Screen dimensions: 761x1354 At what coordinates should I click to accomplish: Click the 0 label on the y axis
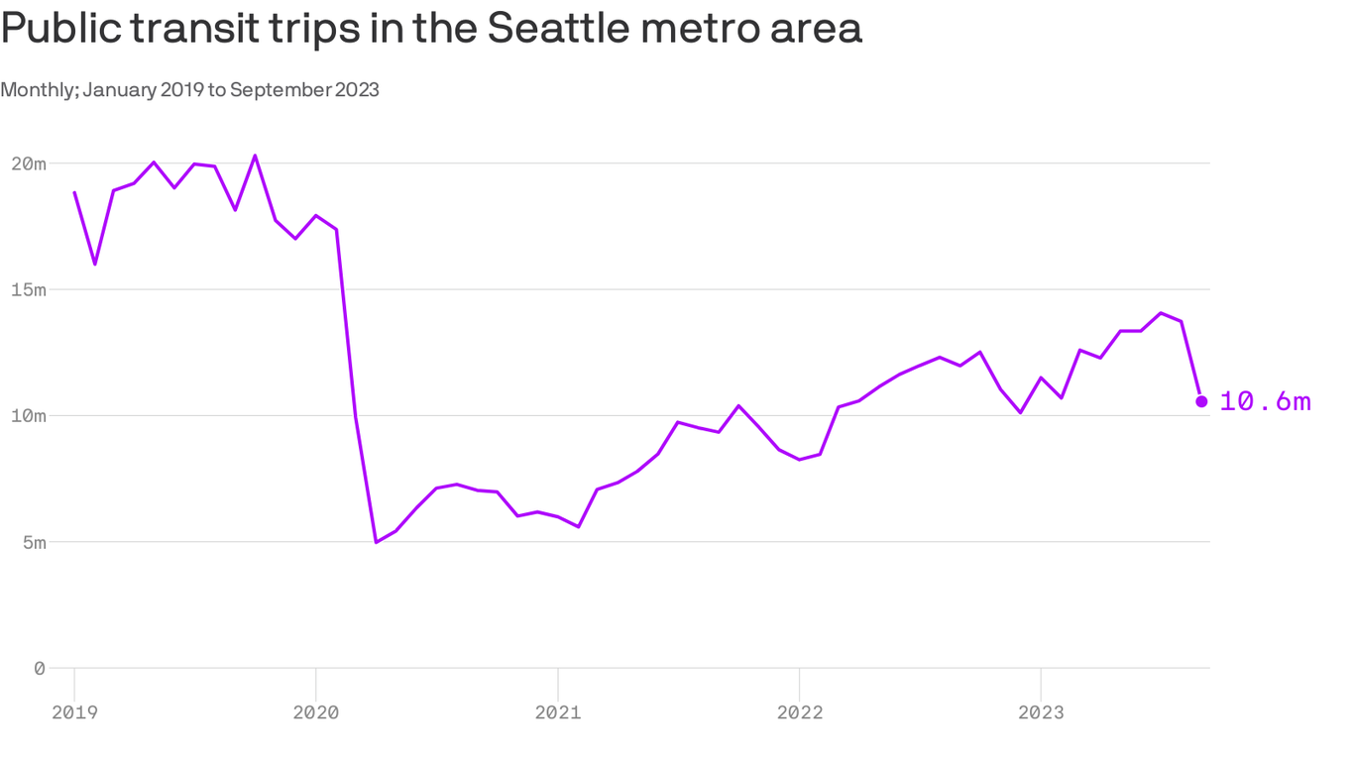coord(40,669)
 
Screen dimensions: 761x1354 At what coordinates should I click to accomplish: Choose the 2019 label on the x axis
coord(74,711)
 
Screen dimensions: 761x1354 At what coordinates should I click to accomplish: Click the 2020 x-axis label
coord(315,711)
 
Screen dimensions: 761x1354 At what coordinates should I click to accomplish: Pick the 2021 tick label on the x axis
coord(557,711)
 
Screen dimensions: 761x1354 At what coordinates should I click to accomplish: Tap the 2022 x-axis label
coord(799,711)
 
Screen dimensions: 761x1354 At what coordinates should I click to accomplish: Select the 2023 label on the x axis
coord(1041,711)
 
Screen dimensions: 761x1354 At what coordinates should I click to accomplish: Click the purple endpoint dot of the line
coord(1201,401)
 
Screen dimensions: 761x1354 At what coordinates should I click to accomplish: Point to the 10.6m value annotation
coord(1265,401)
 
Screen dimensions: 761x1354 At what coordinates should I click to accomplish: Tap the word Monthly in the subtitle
coord(39,90)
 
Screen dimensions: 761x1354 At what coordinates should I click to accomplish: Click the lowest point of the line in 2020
coord(376,542)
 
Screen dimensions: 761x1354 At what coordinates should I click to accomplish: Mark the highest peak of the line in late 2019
coord(255,156)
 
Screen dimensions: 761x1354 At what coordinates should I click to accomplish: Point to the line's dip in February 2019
coord(95,264)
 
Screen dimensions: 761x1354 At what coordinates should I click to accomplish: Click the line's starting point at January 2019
coord(74,192)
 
